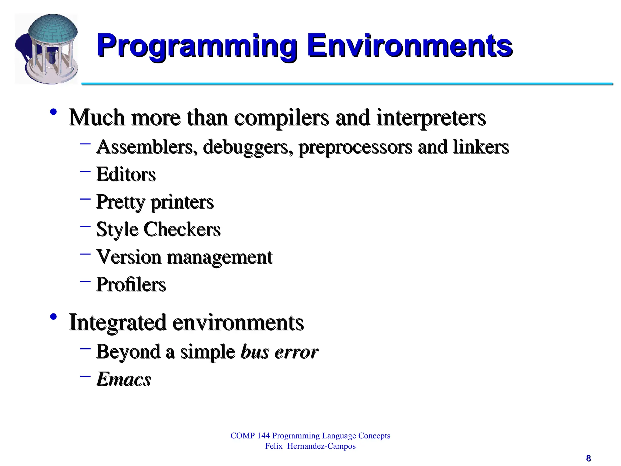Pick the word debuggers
(248, 147)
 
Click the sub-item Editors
(126, 174)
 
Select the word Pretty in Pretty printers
(120, 202)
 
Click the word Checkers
(182, 229)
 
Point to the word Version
(129, 257)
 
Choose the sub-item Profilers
(131, 285)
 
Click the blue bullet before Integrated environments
(53, 317)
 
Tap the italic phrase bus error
(279, 352)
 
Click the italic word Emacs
(124, 379)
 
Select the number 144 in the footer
(263, 436)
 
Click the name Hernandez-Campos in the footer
(321, 446)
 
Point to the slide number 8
(588, 458)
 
